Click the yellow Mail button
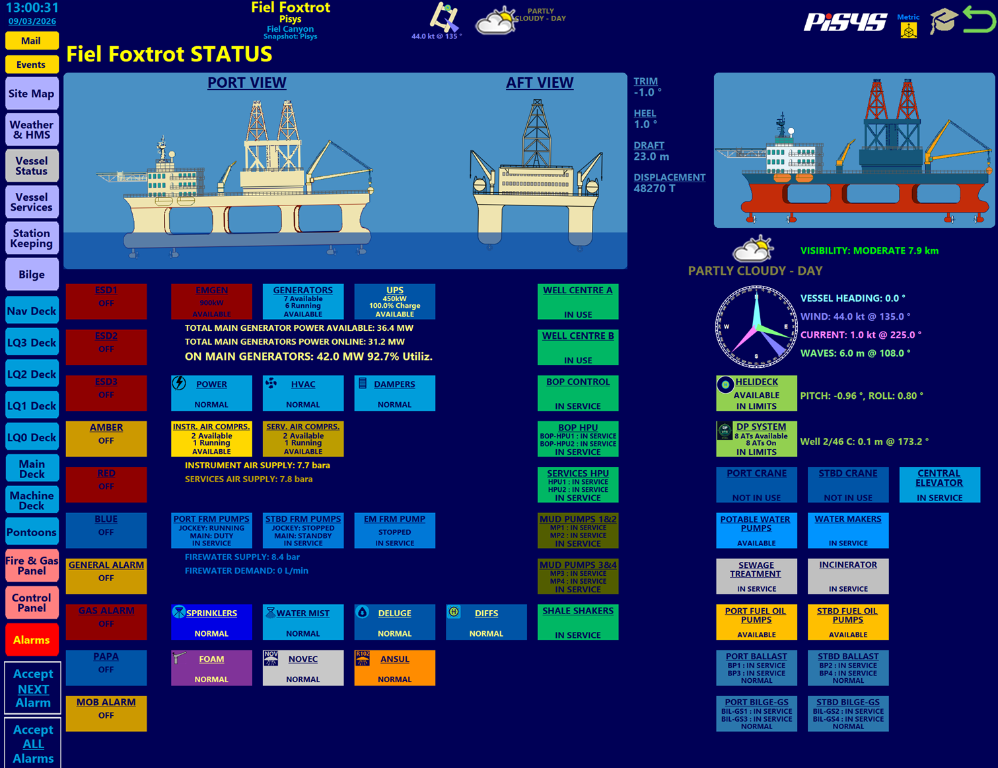31,41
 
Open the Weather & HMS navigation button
31,129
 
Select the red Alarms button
31,640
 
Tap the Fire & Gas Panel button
31,566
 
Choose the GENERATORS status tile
303,302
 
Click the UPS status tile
394,302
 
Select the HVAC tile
303,393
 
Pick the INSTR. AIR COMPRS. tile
211,439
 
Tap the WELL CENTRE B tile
578,347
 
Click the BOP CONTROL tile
578,393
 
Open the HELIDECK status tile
756,393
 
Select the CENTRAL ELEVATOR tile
939,485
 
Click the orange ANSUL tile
394,668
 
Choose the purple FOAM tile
211,668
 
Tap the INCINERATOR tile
848,576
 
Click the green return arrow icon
979,19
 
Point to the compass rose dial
756,327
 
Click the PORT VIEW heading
246,83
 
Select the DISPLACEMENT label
669,177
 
